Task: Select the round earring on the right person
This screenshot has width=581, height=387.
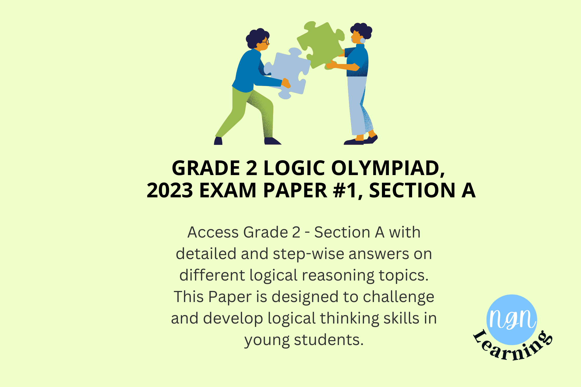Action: point(362,40)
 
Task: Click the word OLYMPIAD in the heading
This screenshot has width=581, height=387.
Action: point(388,168)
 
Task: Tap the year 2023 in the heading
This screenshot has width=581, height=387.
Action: point(170,190)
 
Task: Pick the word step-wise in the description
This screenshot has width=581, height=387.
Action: point(308,254)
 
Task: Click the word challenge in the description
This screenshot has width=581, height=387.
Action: point(399,297)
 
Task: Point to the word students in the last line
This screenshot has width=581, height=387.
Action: point(329,340)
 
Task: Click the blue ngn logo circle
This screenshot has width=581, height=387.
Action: point(512,320)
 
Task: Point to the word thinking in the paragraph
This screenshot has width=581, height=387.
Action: point(350,319)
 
